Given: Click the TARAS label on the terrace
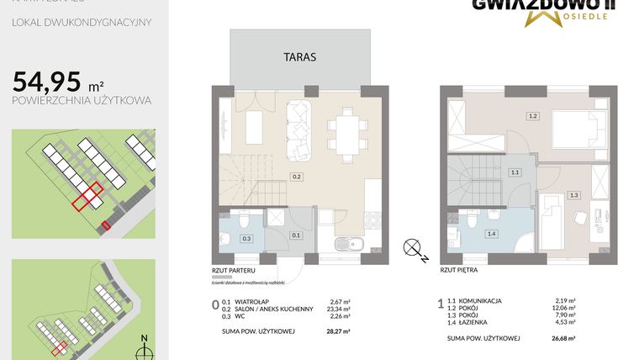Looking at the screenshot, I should tap(299, 57).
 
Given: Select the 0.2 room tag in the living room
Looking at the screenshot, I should tap(297, 177).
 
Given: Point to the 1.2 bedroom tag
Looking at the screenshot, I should tap(531, 115).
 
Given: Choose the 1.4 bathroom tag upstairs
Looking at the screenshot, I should tap(493, 233).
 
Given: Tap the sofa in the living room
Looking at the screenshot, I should tap(298, 129).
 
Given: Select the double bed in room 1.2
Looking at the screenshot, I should tap(575, 130).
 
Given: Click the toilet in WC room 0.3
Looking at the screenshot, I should tap(241, 221).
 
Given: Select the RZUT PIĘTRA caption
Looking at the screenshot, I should tap(461, 270).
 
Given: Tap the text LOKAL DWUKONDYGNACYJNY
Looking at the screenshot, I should tap(82, 23).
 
